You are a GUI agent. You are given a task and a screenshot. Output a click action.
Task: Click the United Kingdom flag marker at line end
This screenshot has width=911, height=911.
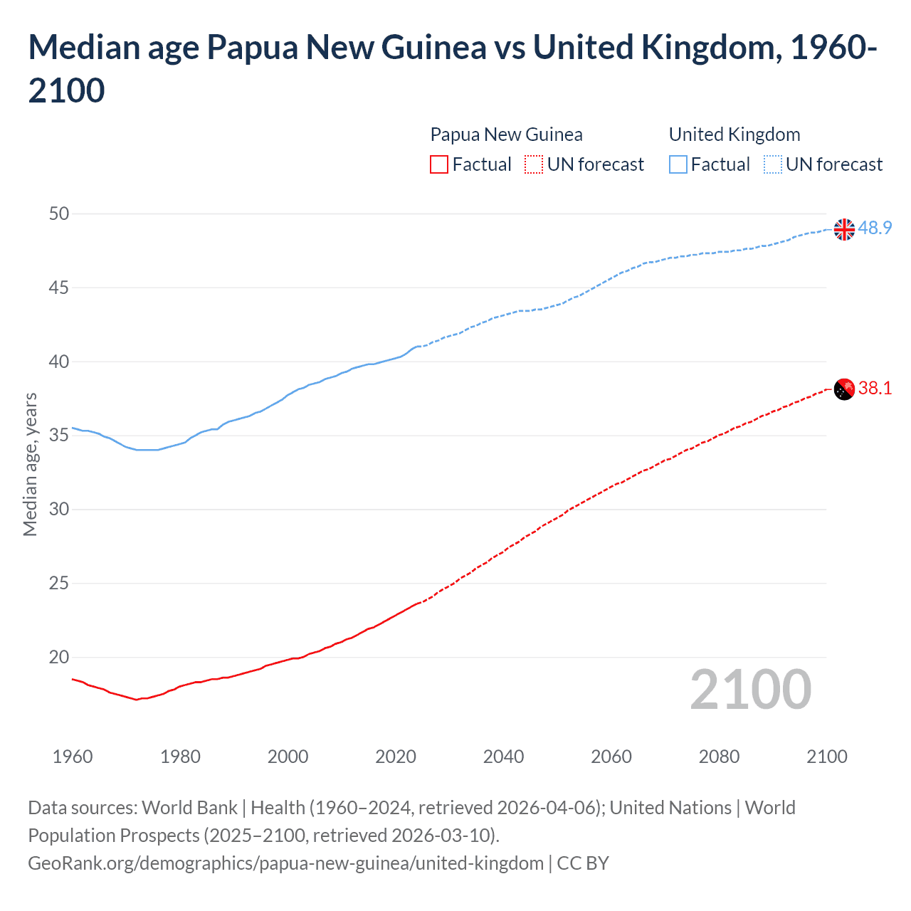click(x=844, y=230)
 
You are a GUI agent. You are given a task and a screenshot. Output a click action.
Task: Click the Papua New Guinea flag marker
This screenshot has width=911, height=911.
click(x=844, y=389)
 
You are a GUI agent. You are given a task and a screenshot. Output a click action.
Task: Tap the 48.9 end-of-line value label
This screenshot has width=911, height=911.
click(x=875, y=228)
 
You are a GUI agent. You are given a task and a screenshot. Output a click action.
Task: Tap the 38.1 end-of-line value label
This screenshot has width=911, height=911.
click(x=875, y=388)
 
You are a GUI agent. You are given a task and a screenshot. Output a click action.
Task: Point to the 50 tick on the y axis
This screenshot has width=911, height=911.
click(x=60, y=214)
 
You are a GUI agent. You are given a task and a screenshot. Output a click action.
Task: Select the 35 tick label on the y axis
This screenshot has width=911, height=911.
click(x=60, y=435)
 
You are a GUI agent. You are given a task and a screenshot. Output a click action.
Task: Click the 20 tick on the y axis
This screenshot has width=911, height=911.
click(x=60, y=657)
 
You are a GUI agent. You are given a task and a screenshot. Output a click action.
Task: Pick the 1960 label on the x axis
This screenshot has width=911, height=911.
click(x=73, y=757)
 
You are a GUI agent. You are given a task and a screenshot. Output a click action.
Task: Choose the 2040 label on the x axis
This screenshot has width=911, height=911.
click(x=503, y=757)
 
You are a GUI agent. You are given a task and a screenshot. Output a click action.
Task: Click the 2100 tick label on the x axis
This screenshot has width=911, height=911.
click(x=826, y=757)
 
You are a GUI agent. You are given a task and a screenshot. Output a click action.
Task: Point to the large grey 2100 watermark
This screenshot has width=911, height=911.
click(x=750, y=690)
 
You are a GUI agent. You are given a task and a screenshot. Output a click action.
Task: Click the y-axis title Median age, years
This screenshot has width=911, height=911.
click(x=30, y=464)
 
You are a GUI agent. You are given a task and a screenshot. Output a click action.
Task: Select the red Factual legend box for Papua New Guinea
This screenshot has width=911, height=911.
click(x=439, y=164)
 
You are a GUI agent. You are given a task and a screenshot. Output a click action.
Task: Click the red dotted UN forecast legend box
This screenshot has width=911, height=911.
click(x=534, y=164)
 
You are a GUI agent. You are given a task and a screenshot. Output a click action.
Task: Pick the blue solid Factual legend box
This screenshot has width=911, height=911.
click(x=678, y=164)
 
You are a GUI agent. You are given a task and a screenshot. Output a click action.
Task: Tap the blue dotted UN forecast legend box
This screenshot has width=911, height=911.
click(x=773, y=164)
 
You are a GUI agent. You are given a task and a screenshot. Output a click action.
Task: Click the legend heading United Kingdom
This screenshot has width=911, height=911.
click(x=734, y=135)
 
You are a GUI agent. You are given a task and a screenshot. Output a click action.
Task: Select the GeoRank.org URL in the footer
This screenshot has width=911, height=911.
click(x=285, y=863)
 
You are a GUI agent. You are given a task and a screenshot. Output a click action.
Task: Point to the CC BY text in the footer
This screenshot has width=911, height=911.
click(x=583, y=863)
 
